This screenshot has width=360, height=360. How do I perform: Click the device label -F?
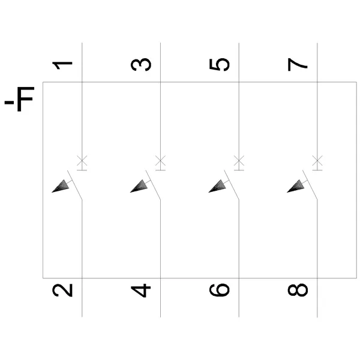19,99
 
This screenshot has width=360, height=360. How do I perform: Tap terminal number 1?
62,65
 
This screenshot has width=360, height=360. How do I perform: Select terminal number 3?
141,65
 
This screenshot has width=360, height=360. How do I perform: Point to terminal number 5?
220,65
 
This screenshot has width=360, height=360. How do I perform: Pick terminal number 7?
298,64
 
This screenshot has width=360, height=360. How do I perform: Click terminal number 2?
62,290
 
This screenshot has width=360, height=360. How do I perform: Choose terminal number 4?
141,290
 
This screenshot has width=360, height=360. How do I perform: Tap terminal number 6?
220,290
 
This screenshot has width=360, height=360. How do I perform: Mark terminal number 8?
298,290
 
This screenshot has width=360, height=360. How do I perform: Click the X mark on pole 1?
82,160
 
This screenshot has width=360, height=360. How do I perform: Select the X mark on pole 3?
160,160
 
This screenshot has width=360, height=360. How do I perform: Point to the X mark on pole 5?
239,160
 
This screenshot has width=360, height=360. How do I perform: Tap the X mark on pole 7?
317,160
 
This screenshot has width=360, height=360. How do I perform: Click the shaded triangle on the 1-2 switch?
61,186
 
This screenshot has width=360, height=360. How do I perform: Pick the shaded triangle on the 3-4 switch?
139,186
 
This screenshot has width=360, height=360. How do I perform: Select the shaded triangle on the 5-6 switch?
218,186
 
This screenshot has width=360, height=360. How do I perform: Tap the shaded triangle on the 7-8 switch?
296,186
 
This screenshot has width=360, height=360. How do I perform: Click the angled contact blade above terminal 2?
74,185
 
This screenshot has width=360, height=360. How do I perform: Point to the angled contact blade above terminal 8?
310,185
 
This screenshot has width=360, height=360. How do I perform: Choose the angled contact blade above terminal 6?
232,185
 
